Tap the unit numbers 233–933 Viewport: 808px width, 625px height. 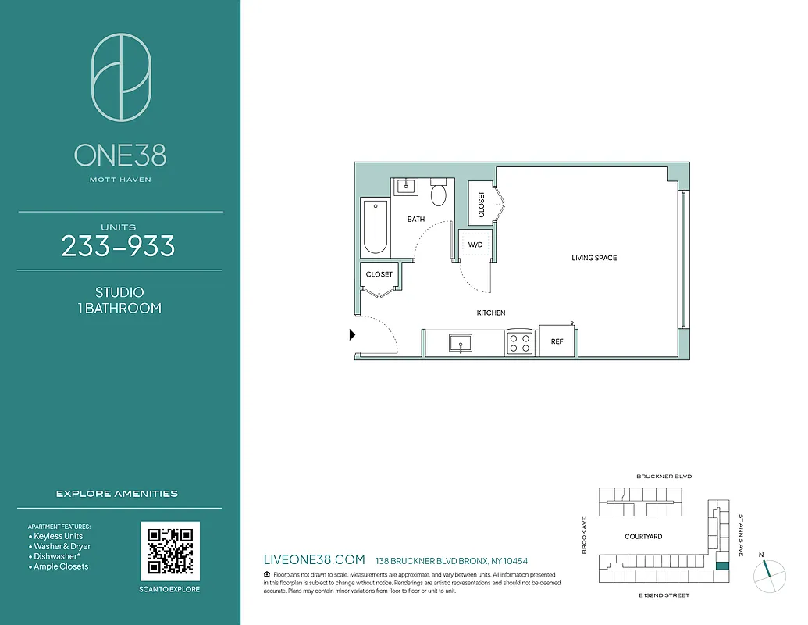point(119,247)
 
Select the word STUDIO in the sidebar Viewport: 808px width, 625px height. point(119,292)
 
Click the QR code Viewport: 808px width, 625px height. point(170,551)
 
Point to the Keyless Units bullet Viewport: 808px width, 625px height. point(58,537)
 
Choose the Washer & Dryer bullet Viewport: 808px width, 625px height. point(62,547)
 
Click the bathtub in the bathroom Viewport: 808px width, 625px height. point(376,227)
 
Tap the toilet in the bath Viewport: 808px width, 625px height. point(439,193)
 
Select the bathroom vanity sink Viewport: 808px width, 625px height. point(406,186)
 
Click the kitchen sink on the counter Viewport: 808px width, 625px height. point(461,343)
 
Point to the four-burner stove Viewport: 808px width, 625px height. point(519,343)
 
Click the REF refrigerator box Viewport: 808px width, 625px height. point(557,341)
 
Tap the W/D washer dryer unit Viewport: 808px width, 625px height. point(475,245)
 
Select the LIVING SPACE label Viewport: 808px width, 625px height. point(594,258)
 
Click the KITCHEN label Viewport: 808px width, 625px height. point(491,312)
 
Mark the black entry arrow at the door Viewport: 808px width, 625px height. point(352,335)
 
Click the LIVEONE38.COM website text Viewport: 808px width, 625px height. point(315,560)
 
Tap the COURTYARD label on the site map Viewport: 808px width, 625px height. point(643,537)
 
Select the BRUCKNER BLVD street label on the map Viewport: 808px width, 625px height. point(664,476)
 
